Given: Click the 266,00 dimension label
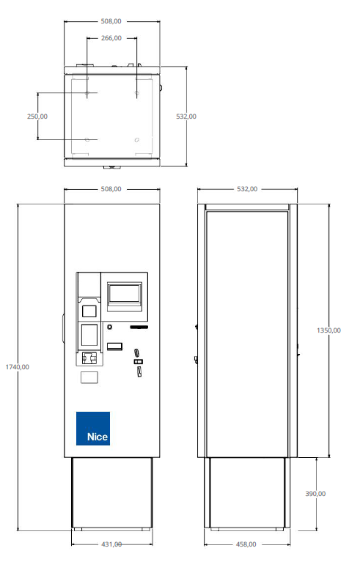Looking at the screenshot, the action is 111,38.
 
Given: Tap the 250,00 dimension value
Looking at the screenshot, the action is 37,116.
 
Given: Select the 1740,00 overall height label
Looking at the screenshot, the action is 17,367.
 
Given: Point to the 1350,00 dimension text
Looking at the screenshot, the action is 328,330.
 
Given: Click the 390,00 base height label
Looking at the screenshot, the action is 315,494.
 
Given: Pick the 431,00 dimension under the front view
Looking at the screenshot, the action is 111,544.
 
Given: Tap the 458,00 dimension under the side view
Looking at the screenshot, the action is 246,544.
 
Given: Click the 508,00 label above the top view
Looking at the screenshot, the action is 111,21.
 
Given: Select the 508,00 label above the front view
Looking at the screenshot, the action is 111,189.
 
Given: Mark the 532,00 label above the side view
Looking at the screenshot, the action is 247,189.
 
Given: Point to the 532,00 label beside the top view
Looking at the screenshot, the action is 186,116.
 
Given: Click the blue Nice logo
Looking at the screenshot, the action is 93,429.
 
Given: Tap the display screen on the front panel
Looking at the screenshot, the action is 125,293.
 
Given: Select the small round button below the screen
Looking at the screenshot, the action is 109,327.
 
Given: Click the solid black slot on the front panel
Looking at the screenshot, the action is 139,327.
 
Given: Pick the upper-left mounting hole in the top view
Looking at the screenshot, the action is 87,94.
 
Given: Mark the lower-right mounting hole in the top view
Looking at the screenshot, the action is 136,140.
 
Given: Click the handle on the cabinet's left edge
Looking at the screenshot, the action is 63,329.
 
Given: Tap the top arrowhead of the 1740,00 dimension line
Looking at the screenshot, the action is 18,206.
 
